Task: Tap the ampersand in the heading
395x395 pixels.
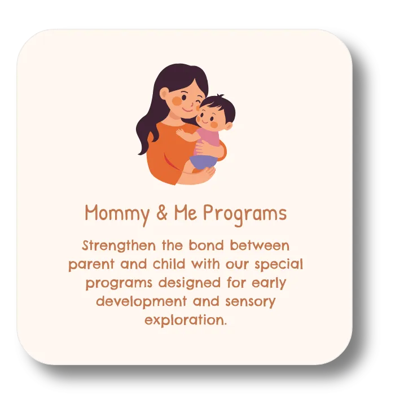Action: [x=162, y=213]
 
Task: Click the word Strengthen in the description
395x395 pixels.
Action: [x=119, y=246]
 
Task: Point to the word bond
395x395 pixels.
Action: [x=207, y=245]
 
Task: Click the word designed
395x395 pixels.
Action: [x=190, y=283]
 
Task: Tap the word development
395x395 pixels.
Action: [x=141, y=302]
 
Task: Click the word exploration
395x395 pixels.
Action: [x=186, y=321]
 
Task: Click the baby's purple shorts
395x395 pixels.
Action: [x=203, y=161]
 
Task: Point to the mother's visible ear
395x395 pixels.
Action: [x=164, y=95]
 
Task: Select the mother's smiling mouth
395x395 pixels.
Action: [x=186, y=110]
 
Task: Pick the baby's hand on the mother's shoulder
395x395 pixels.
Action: [x=181, y=131]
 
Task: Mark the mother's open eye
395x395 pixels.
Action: [x=184, y=97]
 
